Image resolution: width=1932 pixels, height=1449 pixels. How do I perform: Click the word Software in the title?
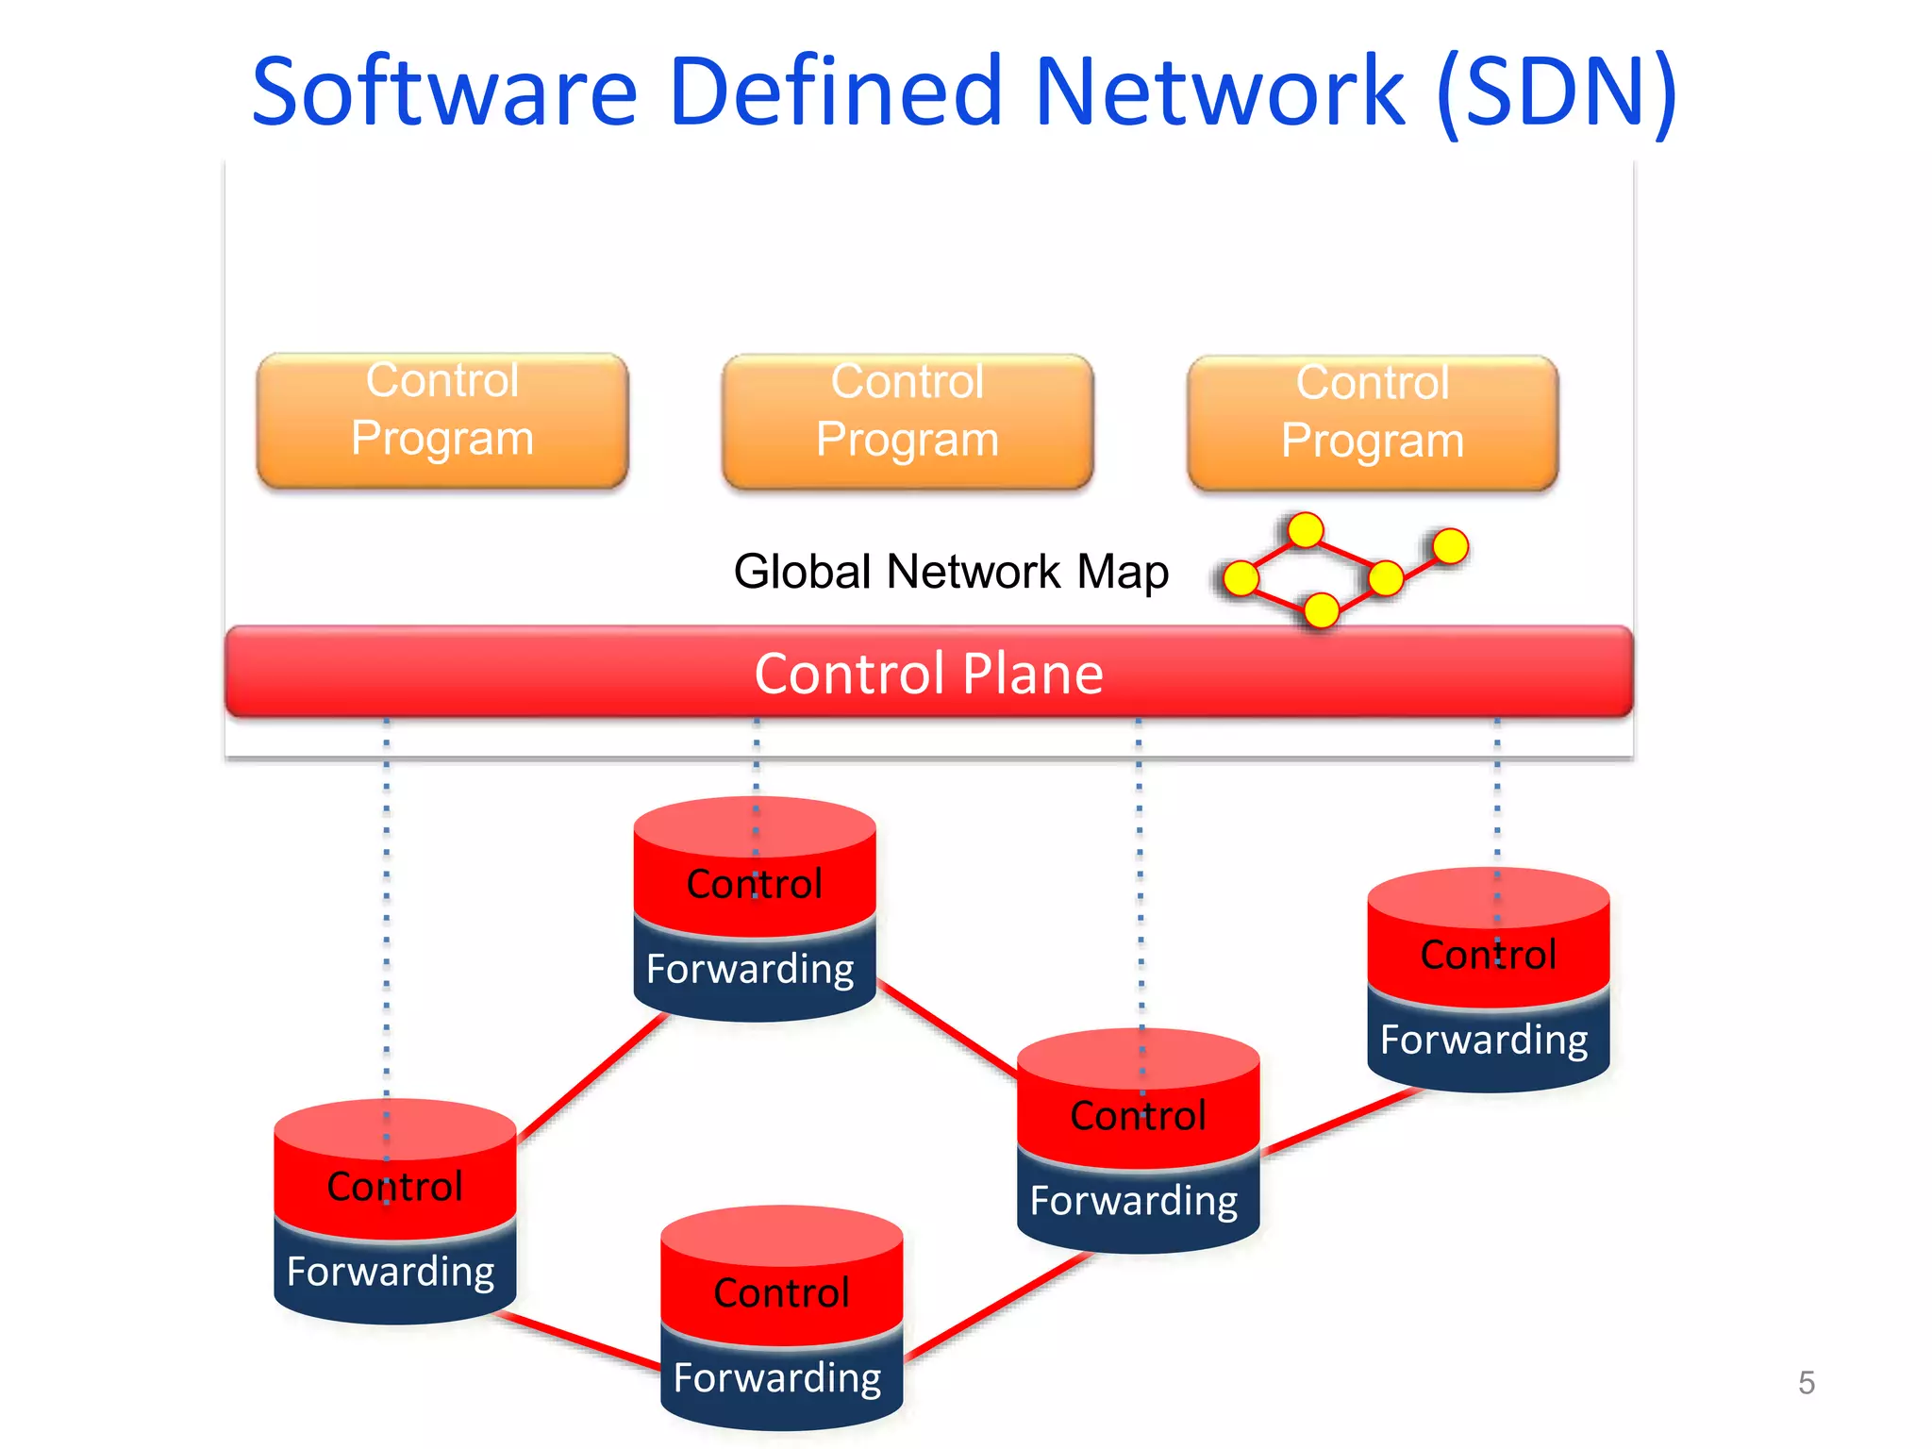pyautogui.click(x=444, y=92)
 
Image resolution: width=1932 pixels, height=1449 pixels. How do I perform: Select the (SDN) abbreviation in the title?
pyautogui.click(x=1556, y=92)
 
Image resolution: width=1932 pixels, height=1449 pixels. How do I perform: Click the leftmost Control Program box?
pyautogui.click(x=442, y=421)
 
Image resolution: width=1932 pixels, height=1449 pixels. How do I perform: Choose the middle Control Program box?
pyautogui.click(x=908, y=422)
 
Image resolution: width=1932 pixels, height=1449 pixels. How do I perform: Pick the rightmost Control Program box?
pyautogui.click(x=1373, y=423)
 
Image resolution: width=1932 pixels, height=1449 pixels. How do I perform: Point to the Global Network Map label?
pyautogui.click(x=951, y=572)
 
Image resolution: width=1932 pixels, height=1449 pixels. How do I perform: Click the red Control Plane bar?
pyautogui.click(x=929, y=673)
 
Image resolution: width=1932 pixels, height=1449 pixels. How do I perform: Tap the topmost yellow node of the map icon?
pyautogui.click(x=1306, y=530)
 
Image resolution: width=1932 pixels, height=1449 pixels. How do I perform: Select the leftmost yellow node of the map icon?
pyautogui.click(x=1241, y=578)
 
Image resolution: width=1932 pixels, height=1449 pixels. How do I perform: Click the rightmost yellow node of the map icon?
pyautogui.click(x=1450, y=545)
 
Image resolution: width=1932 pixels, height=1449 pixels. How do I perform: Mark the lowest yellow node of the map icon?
pyautogui.click(x=1321, y=610)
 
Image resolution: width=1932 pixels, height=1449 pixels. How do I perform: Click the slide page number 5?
pyautogui.click(x=1806, y=1383)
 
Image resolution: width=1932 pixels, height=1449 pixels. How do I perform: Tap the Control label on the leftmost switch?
pyautogui.click(x=394, y=1187)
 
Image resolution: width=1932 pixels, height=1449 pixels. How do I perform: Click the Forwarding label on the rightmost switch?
pyautogui.click(x=1484, y=1040)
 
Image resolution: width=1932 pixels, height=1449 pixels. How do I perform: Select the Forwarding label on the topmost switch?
pyautogui.click(x=750, y=969)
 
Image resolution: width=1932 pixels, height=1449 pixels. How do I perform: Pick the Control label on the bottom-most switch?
pyautogui.click(x=781, y=1293)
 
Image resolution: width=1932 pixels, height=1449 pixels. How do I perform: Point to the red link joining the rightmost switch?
pyautogui.click(x=1340, y=1123)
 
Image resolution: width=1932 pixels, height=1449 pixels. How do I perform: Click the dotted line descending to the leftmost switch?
pyautogui.click(x=387, y=906)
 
